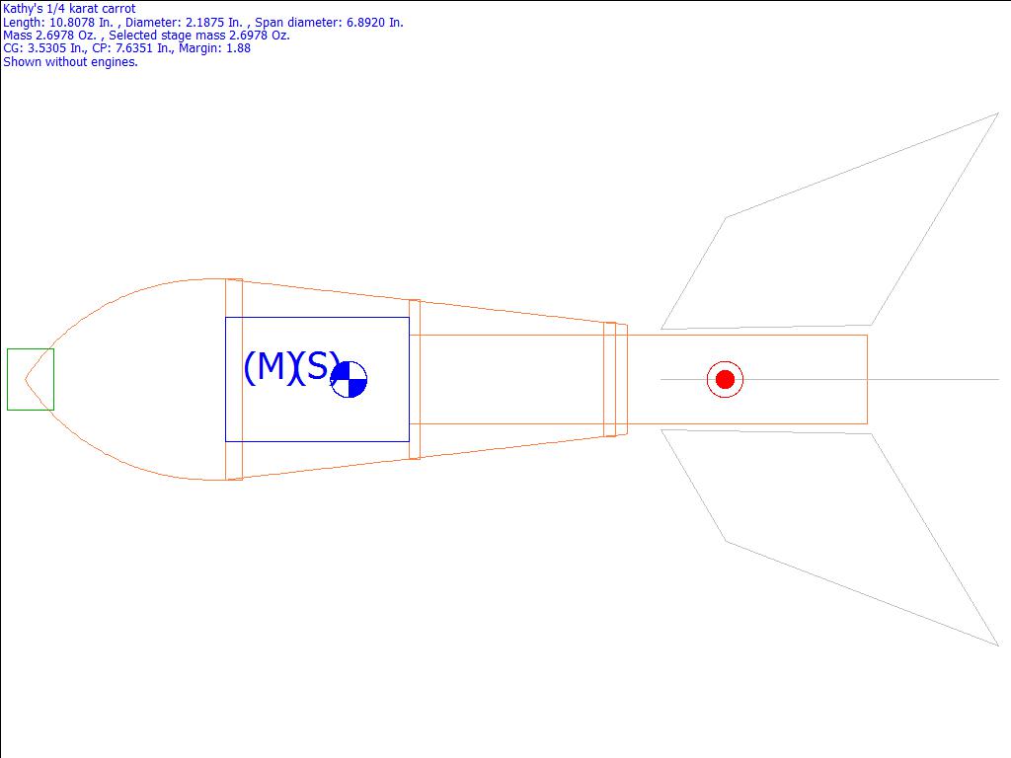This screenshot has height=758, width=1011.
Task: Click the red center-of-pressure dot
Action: [x=725, y=379]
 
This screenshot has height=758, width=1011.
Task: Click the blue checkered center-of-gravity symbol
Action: [x=349, y=379]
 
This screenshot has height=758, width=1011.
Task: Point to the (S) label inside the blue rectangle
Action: [x=316, y=367]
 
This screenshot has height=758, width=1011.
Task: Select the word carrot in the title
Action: [x=119, y=9]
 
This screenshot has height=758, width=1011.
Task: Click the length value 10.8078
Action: [x=72, y=23]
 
